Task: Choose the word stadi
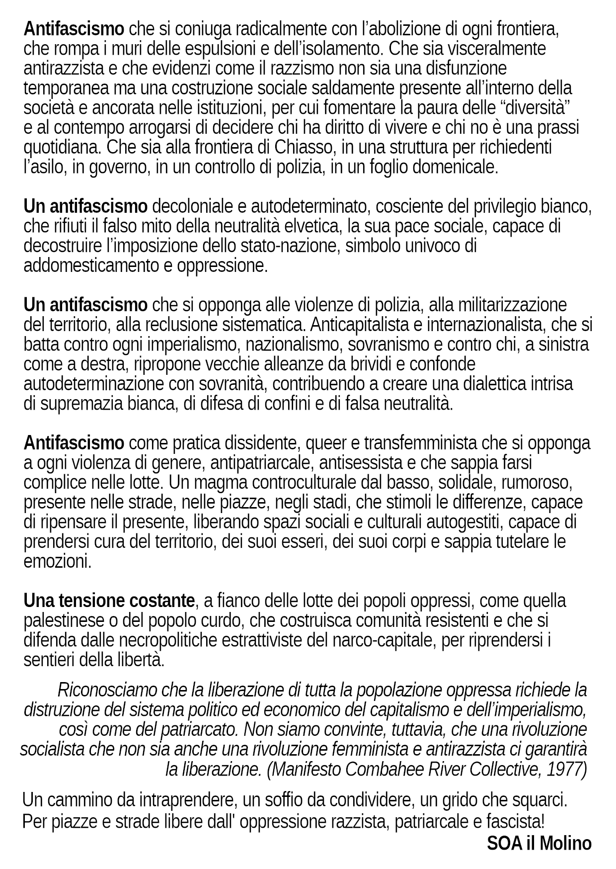pyautogui.click(x=330, y=503)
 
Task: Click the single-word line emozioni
pyautogui.click(x=58, y=562)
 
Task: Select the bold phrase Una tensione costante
pyautogui.click(x=109, y=601)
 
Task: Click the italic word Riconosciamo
pyautogui.click(x=107, y=690)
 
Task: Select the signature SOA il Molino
pyautogui.click(x=539, y=844)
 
